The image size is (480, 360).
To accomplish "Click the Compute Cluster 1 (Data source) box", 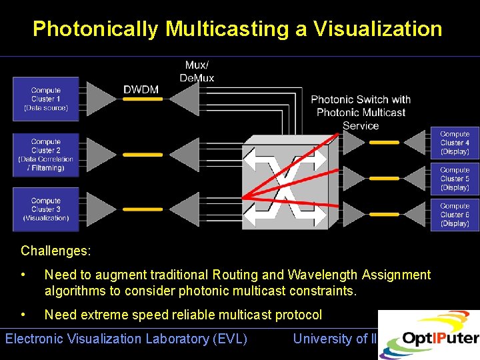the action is pos(46,99).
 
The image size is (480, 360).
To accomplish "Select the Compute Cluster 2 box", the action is pos(46,155).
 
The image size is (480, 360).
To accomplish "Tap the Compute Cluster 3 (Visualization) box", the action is pos(46,209).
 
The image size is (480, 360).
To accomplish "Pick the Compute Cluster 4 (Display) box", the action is pos(455,143).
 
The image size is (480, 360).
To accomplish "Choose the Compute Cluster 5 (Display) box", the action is pos(455,179).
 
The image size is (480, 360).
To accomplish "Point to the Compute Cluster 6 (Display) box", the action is pos(455,215).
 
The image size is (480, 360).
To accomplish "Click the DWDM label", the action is pos(142,89).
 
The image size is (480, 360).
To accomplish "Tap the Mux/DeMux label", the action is pos(197,71).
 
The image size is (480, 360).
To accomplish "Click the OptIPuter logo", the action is pos(430,336).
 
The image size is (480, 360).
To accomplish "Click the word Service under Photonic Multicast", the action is pos(361,125).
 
